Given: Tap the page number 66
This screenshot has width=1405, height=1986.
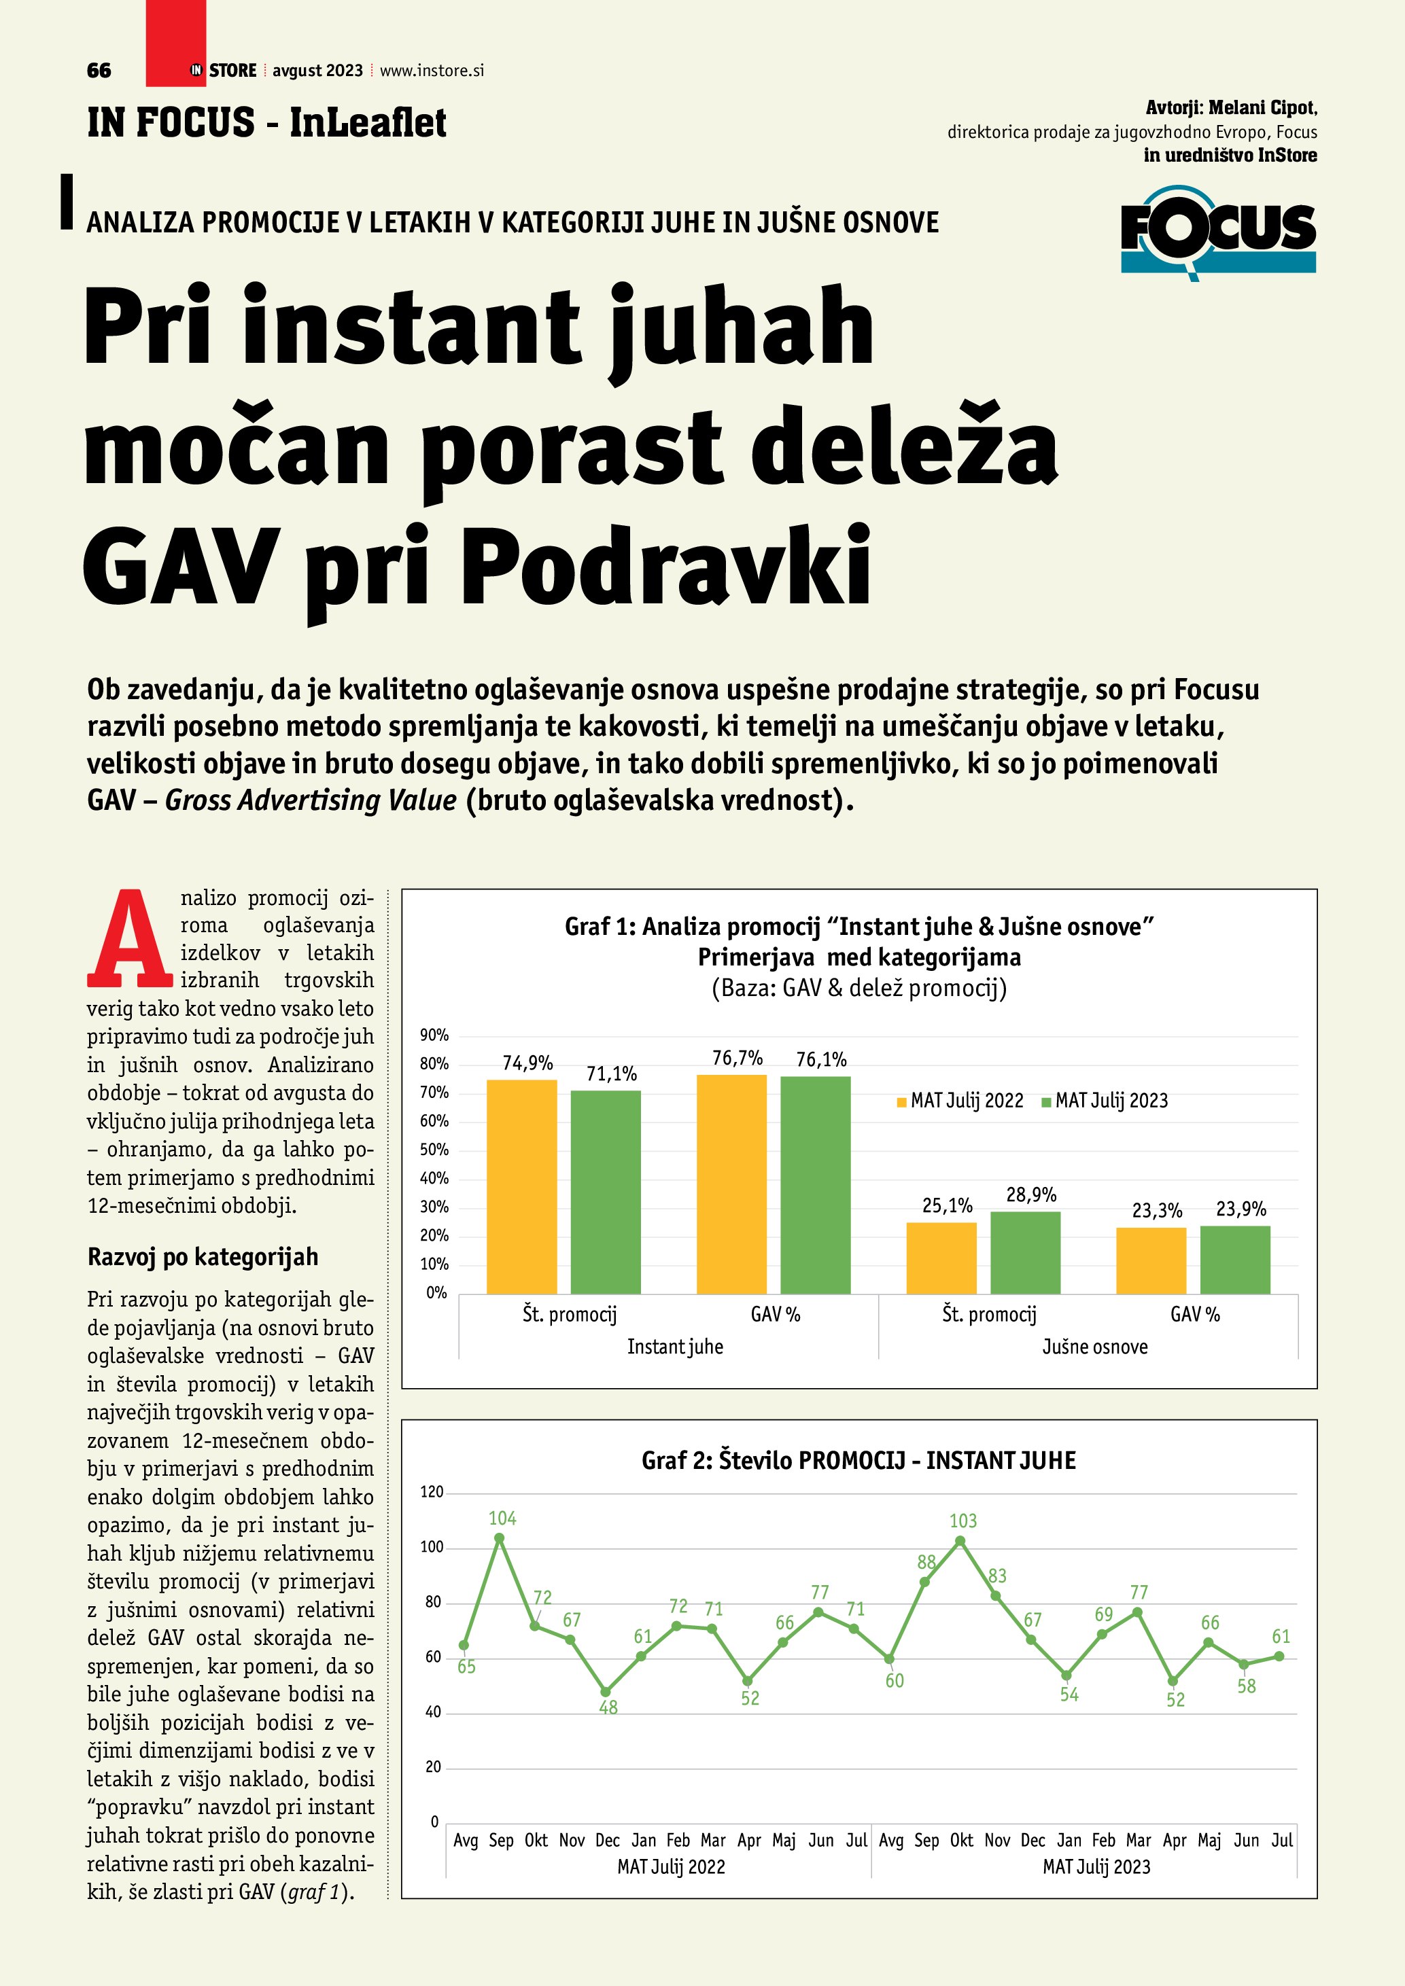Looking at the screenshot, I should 99,71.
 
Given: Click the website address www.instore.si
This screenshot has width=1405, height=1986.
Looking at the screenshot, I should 432,71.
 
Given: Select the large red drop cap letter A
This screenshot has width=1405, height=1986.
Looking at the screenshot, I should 129,940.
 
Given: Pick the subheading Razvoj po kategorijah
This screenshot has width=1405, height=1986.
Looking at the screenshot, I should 203,1256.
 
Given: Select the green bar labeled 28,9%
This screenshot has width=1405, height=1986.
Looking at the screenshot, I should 1025,1252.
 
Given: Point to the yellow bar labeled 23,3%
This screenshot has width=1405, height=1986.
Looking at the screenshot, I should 1151,1260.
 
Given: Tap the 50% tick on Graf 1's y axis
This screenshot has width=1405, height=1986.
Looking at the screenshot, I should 434,1150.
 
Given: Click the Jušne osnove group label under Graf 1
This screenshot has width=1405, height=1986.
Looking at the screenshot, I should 1094,1347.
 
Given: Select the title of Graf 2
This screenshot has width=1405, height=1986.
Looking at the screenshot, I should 858,1460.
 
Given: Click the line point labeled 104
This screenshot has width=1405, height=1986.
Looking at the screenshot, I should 499,1538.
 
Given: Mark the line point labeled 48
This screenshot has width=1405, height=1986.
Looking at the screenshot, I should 606,1692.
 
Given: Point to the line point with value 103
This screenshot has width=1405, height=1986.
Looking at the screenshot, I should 960,1540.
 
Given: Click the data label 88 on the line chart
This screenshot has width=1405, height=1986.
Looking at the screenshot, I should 926,1562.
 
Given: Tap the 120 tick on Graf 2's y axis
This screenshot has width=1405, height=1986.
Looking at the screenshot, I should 432,1492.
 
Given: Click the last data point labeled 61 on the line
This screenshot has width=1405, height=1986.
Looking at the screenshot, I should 1279,1656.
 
